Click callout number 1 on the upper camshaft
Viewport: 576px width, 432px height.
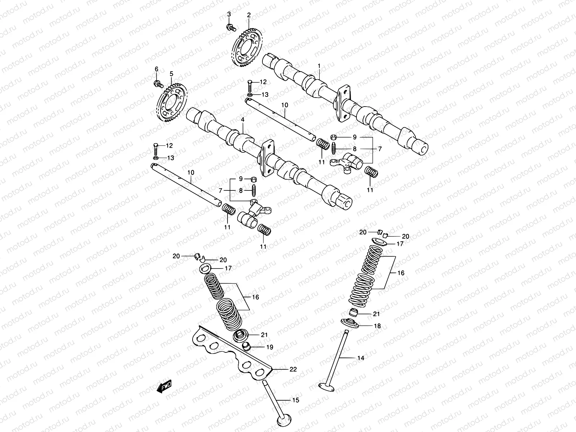coord(319,66)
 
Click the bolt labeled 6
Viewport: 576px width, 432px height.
coord(158,84)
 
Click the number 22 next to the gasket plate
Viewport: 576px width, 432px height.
coord(293,369)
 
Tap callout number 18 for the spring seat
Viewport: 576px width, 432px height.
coord(377,326)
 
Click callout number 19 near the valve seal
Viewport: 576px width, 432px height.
coord(269,347)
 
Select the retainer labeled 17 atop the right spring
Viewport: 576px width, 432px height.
coord(379,242)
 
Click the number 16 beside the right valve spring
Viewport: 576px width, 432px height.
coord(401,273)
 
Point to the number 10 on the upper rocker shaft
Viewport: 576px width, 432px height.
coord(285,105)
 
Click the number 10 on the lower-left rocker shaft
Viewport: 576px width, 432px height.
coord(190,173)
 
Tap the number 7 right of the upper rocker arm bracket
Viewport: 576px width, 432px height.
coord(379,148)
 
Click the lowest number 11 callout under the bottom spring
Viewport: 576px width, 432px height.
coord(263,247)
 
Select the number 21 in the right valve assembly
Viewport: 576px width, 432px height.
coord(376,314)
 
